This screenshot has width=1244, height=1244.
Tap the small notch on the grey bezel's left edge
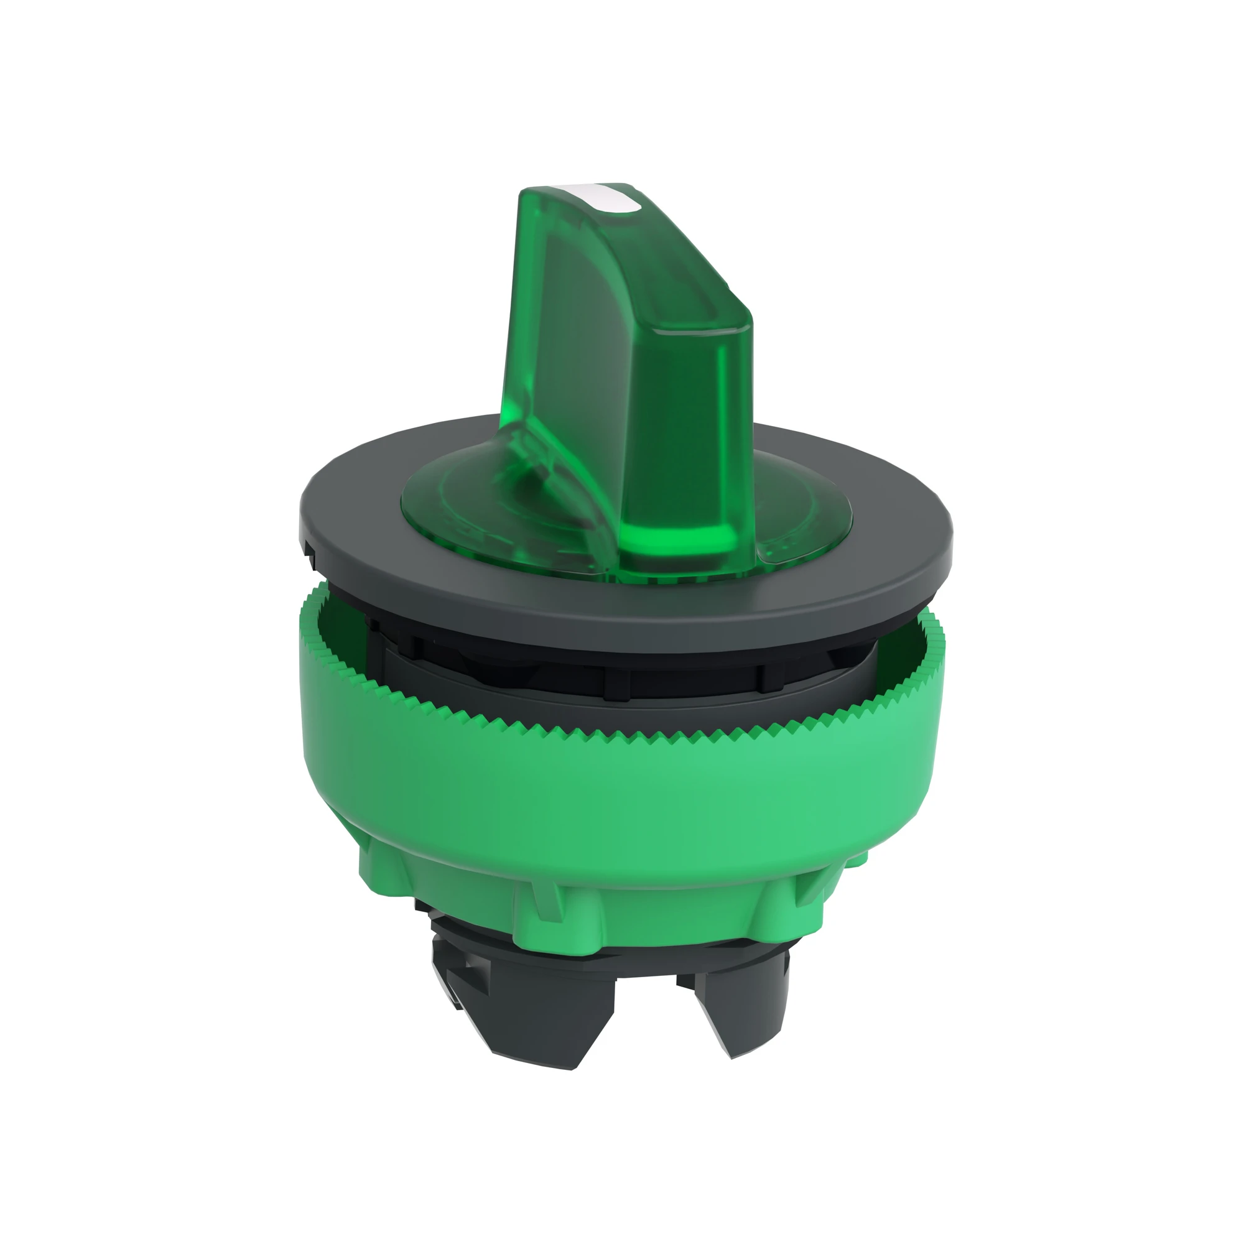(x=309, y=548)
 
